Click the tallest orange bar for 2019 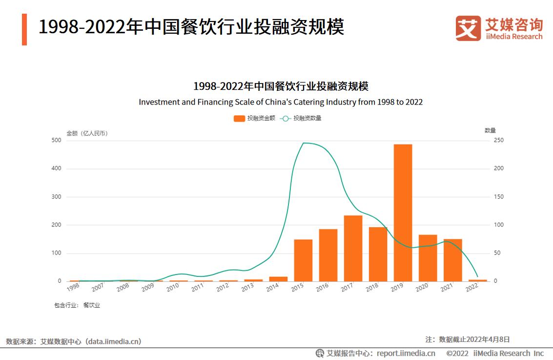[x=403, y=212]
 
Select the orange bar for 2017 [x=353, y=248]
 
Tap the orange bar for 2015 [x=303, y=260]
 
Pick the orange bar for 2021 [x=452, y=260]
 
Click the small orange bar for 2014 [x=278, y=279]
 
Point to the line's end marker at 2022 [x=477, y=277]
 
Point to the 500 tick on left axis [x=56, y=141]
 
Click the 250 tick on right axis [x=498, y=141]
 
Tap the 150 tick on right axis [x=498, y=197]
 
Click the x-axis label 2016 [x=322, y=288]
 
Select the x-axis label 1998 [x=73, y=288]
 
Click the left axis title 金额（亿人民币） [x=87, y=133]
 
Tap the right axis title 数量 [x=490, y=130]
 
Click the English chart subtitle [x=281, y=102]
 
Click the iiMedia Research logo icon [x=468, y=28]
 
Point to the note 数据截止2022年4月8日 [x=474, y=339]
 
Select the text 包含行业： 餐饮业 [x=77, y=305]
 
